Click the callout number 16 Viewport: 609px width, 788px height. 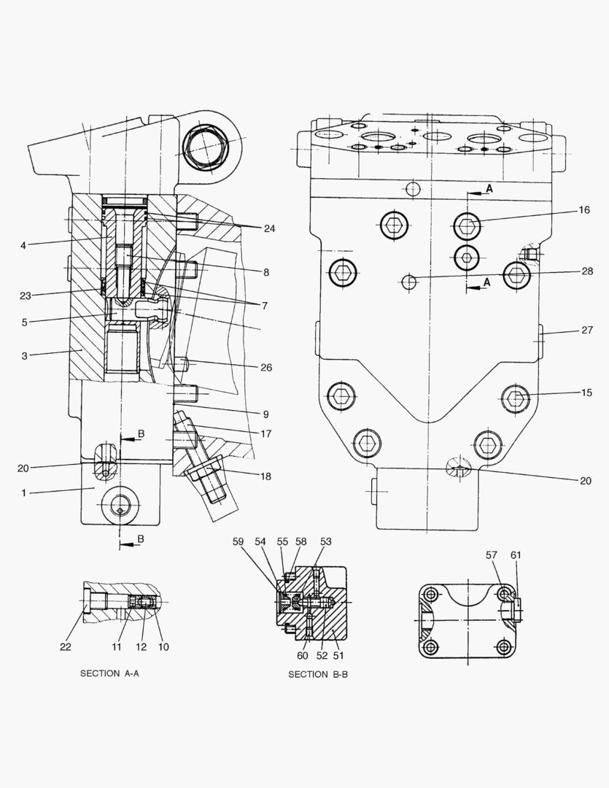click(x=584, y=210)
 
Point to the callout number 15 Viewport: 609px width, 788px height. click(x=585, y=393)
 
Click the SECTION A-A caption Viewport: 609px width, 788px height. click(x=109, y=673)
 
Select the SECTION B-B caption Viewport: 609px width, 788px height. click(x=318, y=674)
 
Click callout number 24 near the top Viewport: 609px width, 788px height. click(x=269, y=228)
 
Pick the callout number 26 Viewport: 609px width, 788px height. click(x=266, y=368)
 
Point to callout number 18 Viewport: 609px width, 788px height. click(x=265, y=476)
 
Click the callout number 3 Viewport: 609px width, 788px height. click(x=24, y=355)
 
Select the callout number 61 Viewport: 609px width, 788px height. click(x=516, y=556)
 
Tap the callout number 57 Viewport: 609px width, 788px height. click(x=491, y=556)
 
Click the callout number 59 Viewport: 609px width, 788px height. click(x=238, y=541)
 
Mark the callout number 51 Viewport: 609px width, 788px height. click(x=338, y=655)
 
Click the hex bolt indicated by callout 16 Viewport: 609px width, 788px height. click(x=467, y=225)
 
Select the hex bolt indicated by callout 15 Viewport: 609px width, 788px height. click(x=516, y=398)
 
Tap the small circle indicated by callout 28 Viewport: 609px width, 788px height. click(x=410, y=281)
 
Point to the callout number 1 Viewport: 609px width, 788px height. click(x=24, y=493)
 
